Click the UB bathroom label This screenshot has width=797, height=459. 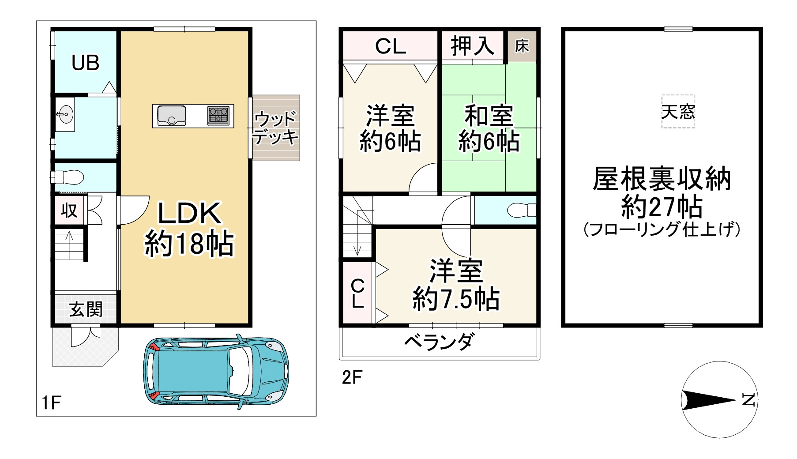click(x=86, y=63)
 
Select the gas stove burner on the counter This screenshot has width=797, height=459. click(x=218, y=116)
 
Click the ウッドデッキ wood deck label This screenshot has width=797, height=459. click(x=276, y=128)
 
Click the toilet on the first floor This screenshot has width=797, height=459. click(x=71, y=177)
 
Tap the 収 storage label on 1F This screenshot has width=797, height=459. click(x=69, y=211)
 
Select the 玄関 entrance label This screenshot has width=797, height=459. click(x=86, y=309)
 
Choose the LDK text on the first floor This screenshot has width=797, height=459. click(x=189, y=214)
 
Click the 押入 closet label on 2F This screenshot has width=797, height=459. click(x=472, y=45)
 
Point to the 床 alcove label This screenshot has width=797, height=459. click(x=522, y=46)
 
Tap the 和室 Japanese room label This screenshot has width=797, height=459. click(x=489, y=116)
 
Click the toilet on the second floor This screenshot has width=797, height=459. click(x=521, y=210)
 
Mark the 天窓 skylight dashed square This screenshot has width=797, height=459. click(x=678, y=112)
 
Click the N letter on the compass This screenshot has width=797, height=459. click(x=748, y=400)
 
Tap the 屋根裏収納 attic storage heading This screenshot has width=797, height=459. click(x=662, y=179)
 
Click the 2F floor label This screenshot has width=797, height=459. click(x=352, y=377)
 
